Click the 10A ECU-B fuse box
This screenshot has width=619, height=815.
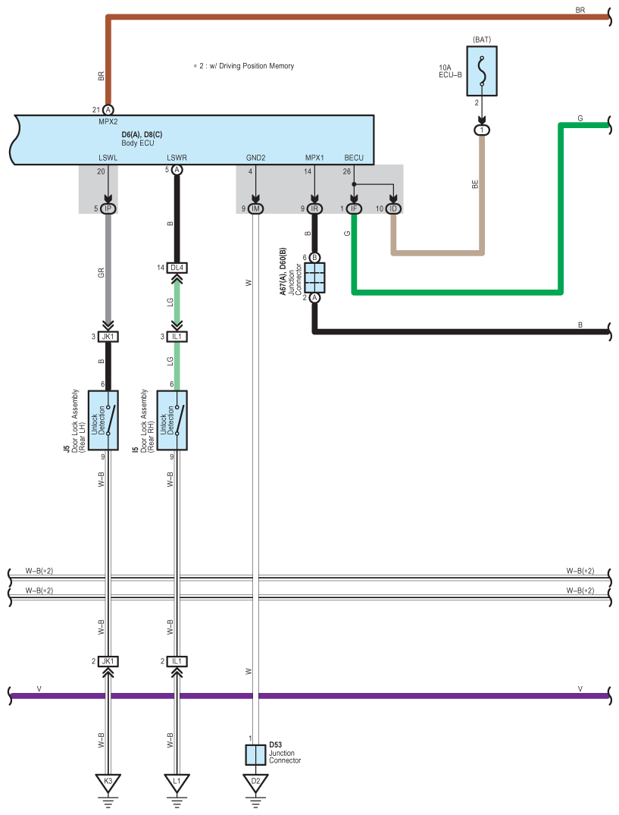[x=482, y=71]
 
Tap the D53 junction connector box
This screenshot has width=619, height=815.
[x=255, y=754]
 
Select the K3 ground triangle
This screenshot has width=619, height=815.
[x=108, y=782]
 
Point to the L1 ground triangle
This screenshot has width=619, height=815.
[x=177, y=782]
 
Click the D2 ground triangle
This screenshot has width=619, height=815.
[x=255, y=782]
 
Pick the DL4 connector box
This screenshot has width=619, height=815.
[x=177, y=268]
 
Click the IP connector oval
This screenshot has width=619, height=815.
[x=108, y=208]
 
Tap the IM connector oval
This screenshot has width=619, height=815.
[x=255, y=208]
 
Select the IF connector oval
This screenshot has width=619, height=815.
[x=354, y=208]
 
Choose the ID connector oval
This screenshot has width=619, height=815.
[x=393, y=208]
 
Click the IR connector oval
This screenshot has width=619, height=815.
[x=314, y=208]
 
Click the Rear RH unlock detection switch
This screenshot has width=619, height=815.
[x=172, y=421]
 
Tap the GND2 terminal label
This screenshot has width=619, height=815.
[x=255, y=158]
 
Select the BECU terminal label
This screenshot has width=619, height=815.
[x=354, y=158]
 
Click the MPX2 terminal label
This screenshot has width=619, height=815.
[x=108, y=121]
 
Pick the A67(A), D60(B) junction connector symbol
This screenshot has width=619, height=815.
[x=314, y=277]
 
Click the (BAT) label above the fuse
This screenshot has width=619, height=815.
[x=482, y=39]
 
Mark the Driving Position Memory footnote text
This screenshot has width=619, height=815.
[x=243, y=66]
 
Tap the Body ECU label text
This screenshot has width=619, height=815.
[x=138, y=143]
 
